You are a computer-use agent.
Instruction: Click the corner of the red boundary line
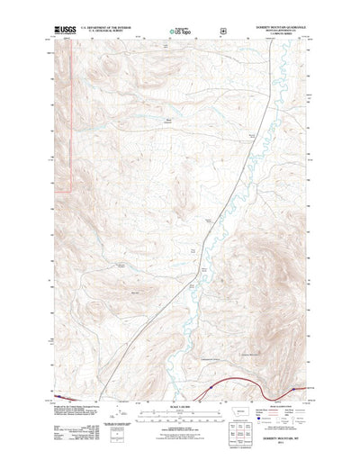tap(72, 191)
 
